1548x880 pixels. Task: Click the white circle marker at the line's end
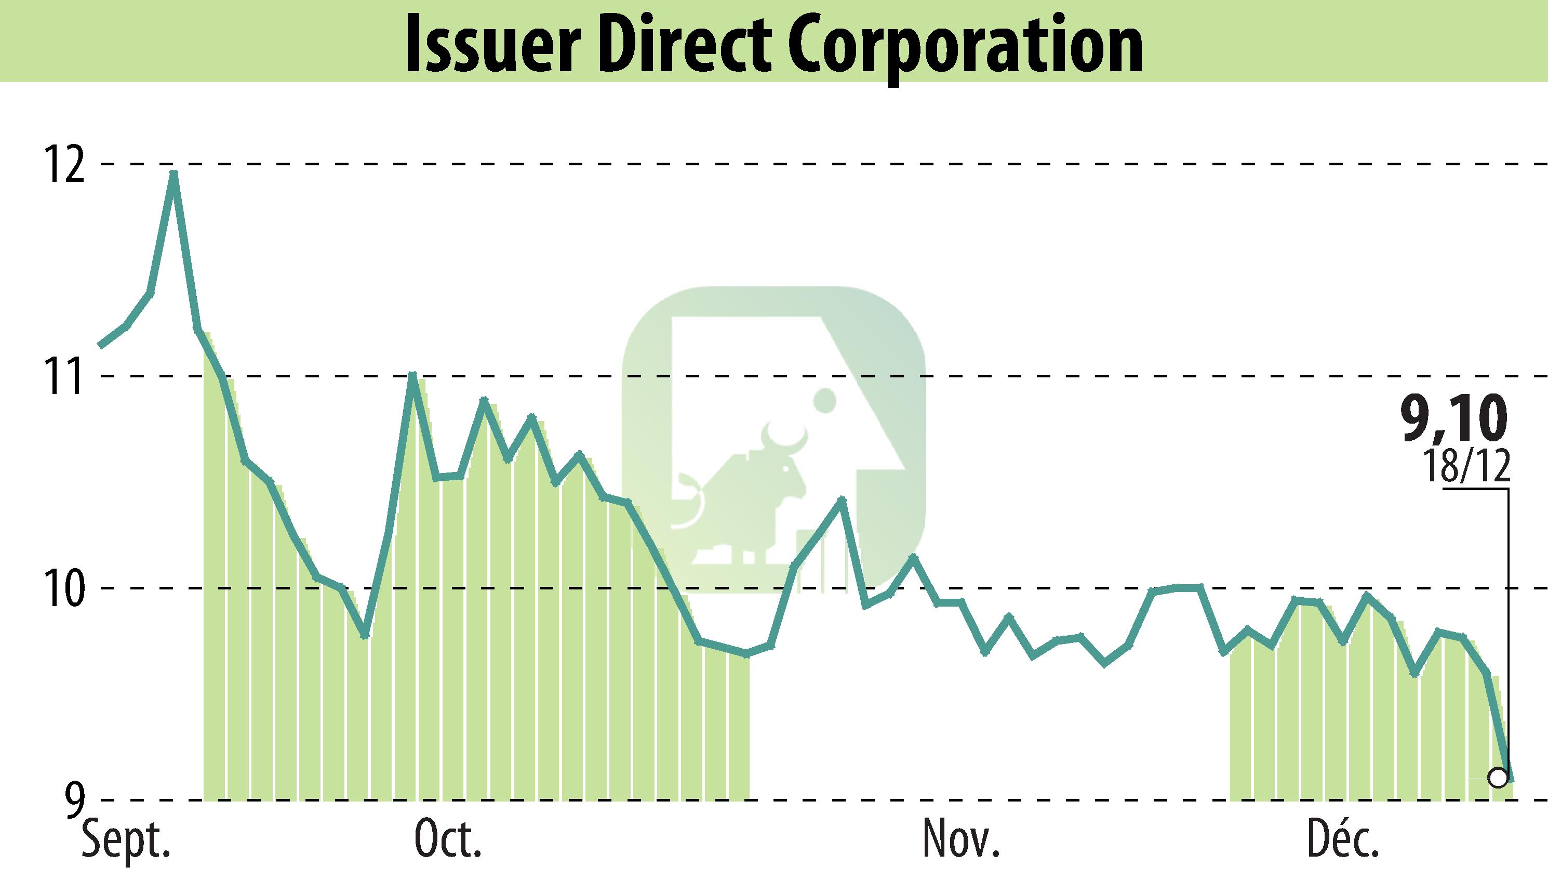pos(1498,794)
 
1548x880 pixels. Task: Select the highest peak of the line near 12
pos(174,173)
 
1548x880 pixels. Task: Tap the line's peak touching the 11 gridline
pos(412,375)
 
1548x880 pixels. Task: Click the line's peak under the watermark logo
pos(843,500)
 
